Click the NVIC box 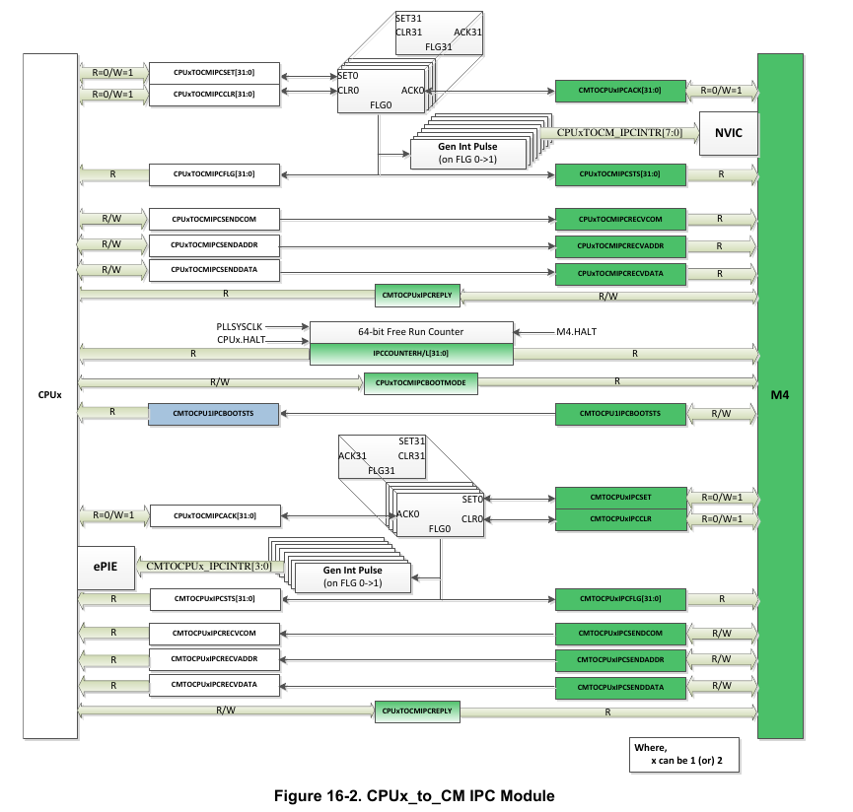pos(728,132)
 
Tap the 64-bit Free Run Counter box pos(411,331)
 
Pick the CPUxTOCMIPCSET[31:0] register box pos(214,73)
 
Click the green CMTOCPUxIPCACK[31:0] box pos(620,91)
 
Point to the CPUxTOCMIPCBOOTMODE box pos(421,382)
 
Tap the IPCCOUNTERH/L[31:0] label pos(411,352)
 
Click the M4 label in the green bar pos(793,395)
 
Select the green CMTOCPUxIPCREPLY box pos(417,294)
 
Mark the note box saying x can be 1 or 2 pos(685,754)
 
